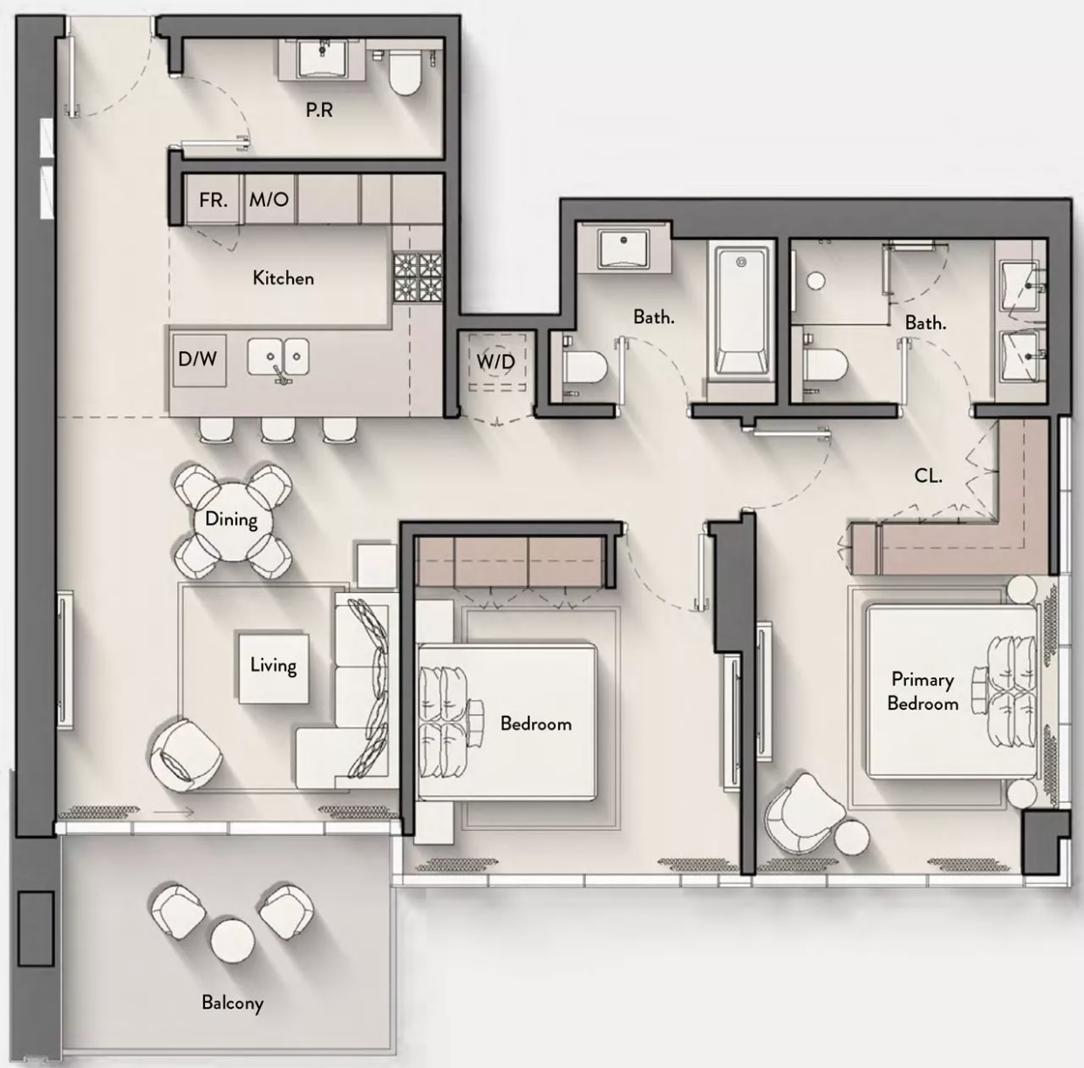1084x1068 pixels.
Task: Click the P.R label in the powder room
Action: [x=319, y=110]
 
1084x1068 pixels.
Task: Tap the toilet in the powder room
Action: [x=405, y=72]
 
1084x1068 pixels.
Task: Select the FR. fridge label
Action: [x=213, y=200]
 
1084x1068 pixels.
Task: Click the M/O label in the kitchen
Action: [x=269, y=199]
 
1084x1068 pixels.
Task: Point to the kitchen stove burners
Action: [x=418, y=278]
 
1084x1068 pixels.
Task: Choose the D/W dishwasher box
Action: [x=199, y=360]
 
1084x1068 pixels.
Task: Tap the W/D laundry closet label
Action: [x=495, y=362]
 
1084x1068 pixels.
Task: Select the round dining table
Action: [x=233, y=521]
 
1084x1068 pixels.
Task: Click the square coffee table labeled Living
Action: [x=274, y=669]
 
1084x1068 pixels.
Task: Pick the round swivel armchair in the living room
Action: [x=185, y=755]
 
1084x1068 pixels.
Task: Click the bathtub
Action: [x=741, y=311]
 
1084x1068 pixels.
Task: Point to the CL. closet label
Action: [x=928, y=476]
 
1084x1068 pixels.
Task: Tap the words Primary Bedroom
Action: [x=923, y=691]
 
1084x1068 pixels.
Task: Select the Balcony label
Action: [x=232, y=1003]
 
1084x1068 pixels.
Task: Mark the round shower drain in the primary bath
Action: [x=815, y=280]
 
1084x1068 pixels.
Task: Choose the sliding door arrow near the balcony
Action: [x=174, y=812]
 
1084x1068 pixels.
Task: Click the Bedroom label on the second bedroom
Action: [x=535, y=724]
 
